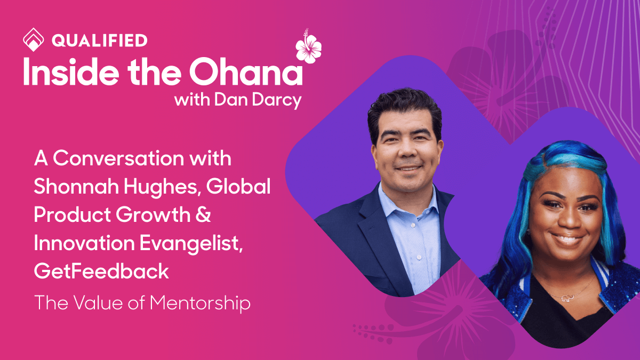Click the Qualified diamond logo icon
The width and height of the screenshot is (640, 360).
(x=33, y=40)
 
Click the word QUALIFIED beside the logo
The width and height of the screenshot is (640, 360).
(x=100, y=40)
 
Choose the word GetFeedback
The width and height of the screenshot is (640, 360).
(x=101, y=271)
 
